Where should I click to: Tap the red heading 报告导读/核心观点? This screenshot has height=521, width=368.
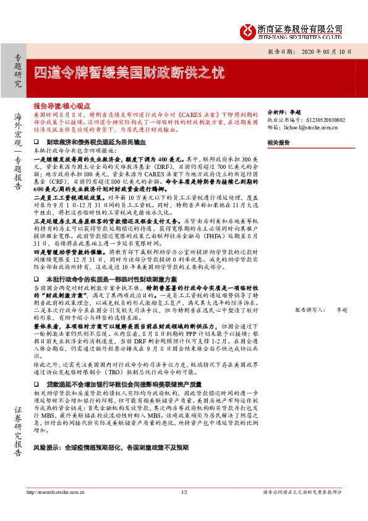(x=62, y=106)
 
